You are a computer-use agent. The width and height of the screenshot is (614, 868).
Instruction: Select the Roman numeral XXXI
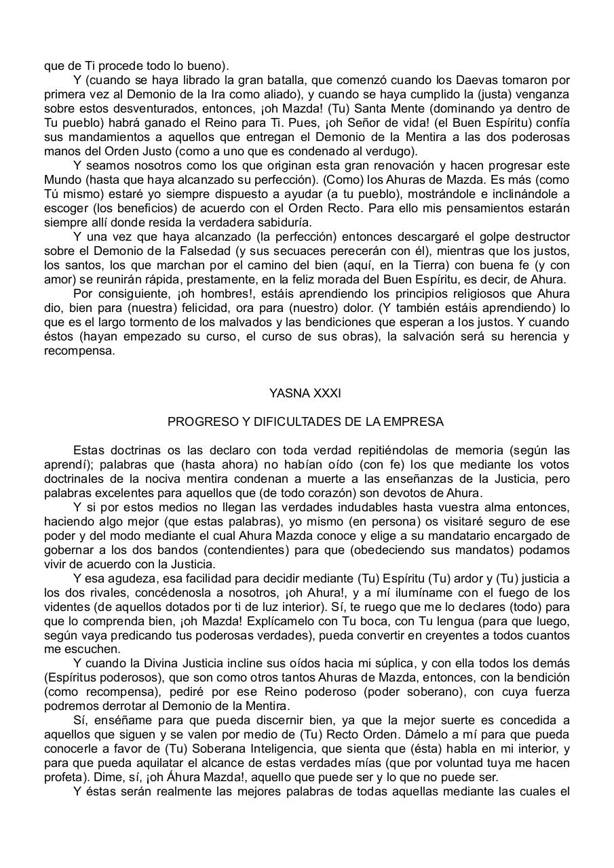pos(324,393)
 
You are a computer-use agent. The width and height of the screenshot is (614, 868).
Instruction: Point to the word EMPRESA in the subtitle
pos(420,422)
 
